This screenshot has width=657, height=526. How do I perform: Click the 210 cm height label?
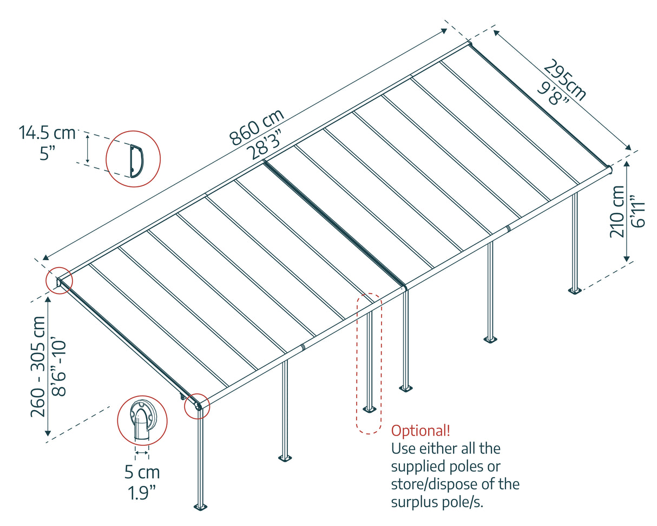617,211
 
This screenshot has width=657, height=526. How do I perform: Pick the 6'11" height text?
637,211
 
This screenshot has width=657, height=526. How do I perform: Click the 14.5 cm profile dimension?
48,133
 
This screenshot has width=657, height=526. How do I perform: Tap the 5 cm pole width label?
142,472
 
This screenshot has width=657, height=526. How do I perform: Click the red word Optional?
421,431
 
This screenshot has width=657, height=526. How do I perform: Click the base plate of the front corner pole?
201,507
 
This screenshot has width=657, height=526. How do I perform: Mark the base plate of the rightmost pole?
575,290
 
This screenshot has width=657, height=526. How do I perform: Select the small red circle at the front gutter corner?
197,406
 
